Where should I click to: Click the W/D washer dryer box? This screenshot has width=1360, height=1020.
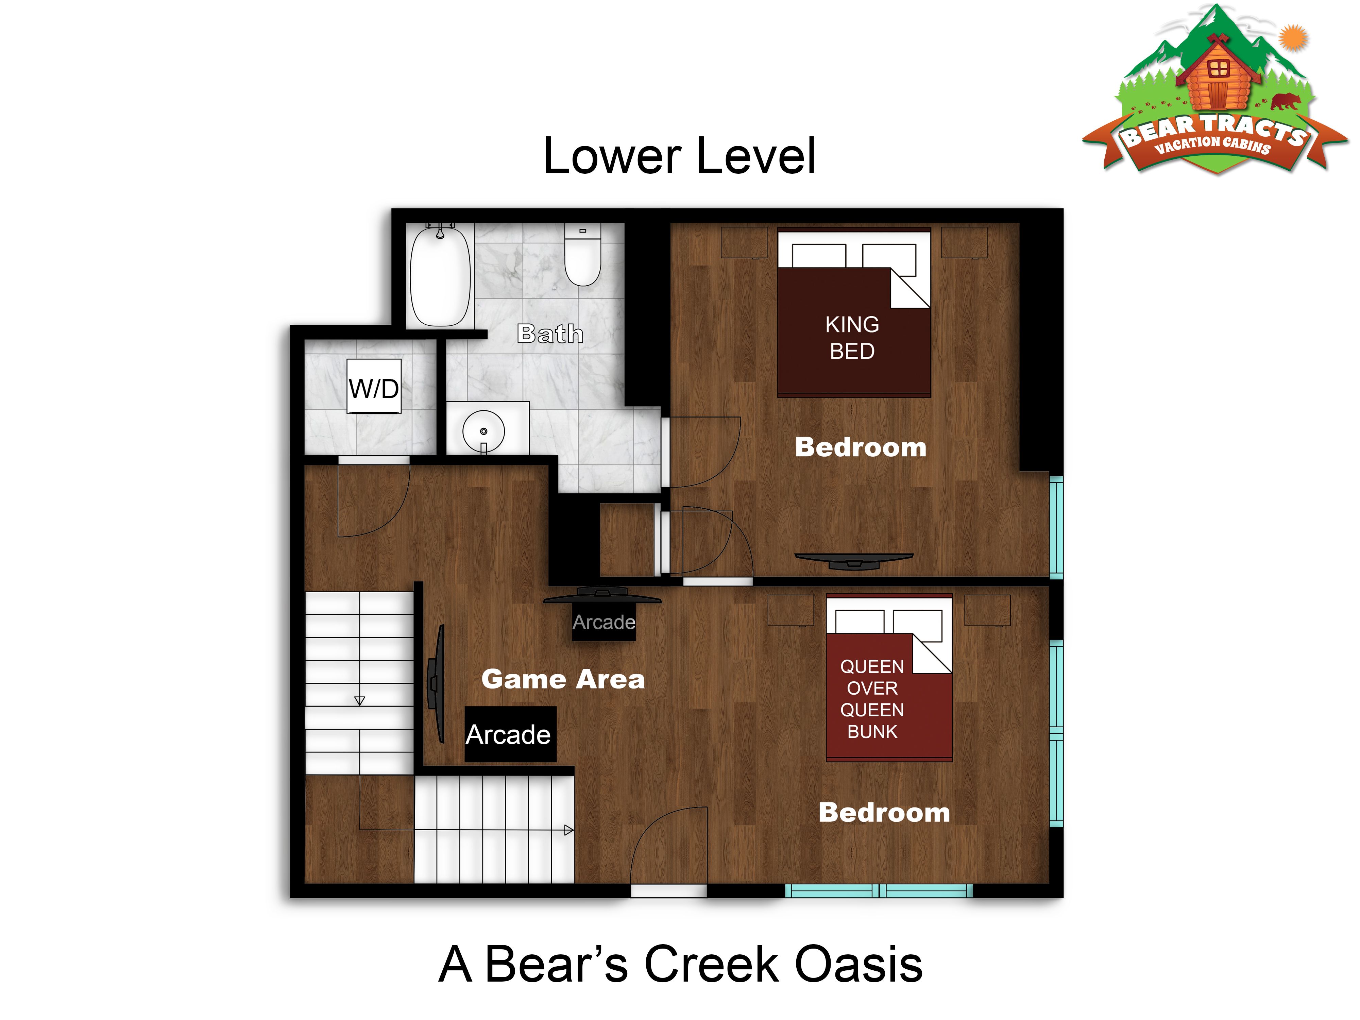tap(374, 386)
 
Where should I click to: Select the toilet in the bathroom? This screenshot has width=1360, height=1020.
tap(582, 255)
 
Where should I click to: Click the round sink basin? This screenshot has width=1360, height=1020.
tap(483, 431)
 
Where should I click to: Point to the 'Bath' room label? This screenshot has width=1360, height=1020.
tap(550, 334)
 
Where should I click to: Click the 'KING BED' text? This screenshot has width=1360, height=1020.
tap(852, 338)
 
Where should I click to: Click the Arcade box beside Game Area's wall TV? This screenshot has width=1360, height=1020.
tap(510, 734)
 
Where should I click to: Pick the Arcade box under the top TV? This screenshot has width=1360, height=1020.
tap(604, 623)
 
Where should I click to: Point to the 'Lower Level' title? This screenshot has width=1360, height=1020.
tap(679, 156)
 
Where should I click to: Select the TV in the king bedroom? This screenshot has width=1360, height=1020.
tap(854, 560)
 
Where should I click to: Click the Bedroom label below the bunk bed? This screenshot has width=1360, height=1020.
tap(884, 812)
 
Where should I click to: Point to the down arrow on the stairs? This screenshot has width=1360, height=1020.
tap(360, 700)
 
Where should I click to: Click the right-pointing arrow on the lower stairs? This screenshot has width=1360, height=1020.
tap(569, 830)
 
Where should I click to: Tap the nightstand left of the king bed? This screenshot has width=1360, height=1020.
tap(744, 243)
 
